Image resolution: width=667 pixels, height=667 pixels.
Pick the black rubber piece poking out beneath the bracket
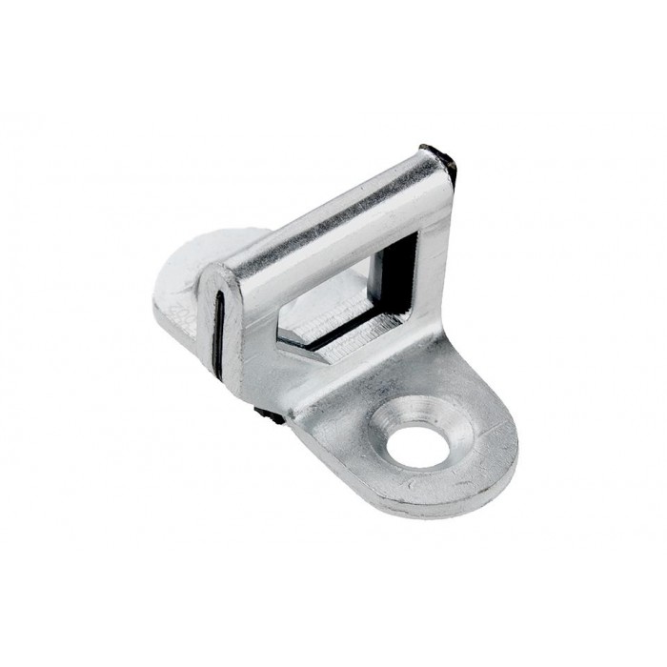point(270,415)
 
